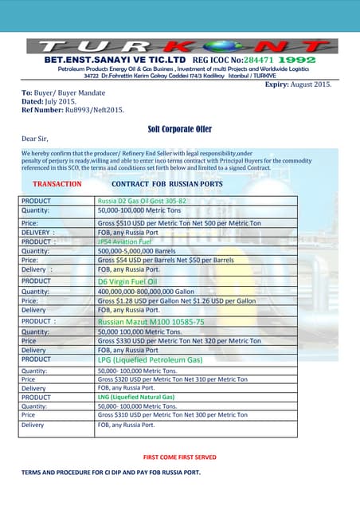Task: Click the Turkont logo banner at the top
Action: pos(180,45)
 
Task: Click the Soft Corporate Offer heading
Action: pos(180,128)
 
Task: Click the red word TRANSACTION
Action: pos(57,183)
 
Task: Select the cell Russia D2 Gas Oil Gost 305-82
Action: pos(142,201)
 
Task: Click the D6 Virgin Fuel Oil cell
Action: pos(127,281)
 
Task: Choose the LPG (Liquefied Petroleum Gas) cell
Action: pos(150,360)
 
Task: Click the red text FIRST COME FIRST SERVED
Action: pos(179,457)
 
